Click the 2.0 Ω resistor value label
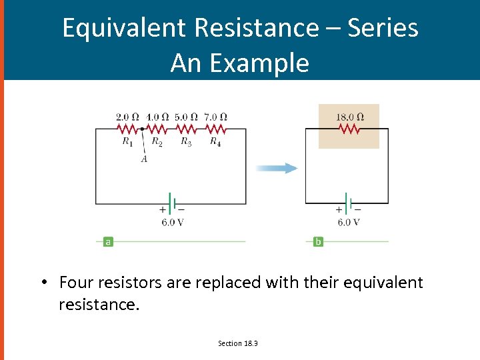pyautogui.click(x=127, y=117)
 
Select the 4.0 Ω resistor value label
pyautogui.click(x=157, y=117)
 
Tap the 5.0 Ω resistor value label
pyautogui.click(x=186, y=117)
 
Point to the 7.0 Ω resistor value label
pyautogui.click(x=215, y=117)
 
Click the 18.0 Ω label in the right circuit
pyautogui.click(x=349, y=117)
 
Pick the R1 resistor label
pyautogui.click(x=127, y=141)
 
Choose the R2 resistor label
pyautogui.click(x=157, y=141)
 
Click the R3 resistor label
pyautogui.click(x=186, y=141)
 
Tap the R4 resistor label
pyautogui.click(x=215, y=141)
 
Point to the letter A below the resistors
pyautogui.click(x=144, y=159)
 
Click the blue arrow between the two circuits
pyautogui.click(x=277, y=168)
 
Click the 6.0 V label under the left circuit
pyautogui.click(x=173, y=223)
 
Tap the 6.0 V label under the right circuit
pyautogui.click(x=349, y=223)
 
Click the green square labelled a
pyautogui.click(x=108, y=241)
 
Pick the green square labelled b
pyautogui.click(x=318, y=241)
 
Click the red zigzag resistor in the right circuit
pyautogui.click(x=350, y=129)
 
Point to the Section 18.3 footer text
pyautogui.click(x=238, y=343)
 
